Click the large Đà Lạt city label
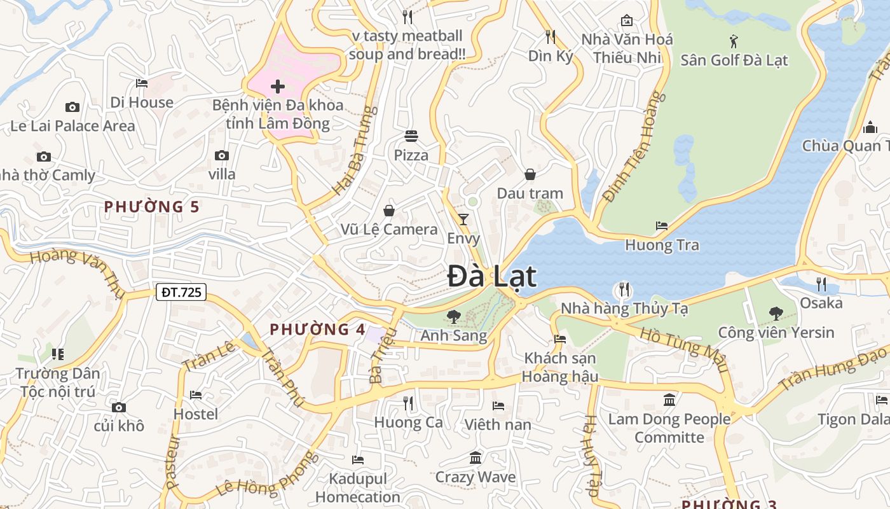(491, 277)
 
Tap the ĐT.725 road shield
(181, 292)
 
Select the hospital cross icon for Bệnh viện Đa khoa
(278, 86)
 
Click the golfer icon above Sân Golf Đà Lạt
(734, 41)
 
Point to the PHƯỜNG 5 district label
(152, 207)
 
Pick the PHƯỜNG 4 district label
(317, 330)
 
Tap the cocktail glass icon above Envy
(463, 220)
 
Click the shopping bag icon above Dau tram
(530, 174)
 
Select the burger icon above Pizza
(411, 136)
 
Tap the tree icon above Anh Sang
(453, 316)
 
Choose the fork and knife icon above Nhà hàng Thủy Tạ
(624, 290)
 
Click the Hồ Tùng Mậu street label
(683, 350)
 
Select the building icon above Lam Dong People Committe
(669, 400)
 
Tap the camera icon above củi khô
(119, 407)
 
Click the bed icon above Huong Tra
(662, 226)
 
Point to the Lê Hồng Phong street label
(266, 475)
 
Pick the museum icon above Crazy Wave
(476, 458)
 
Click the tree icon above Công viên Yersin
(776, 313)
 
